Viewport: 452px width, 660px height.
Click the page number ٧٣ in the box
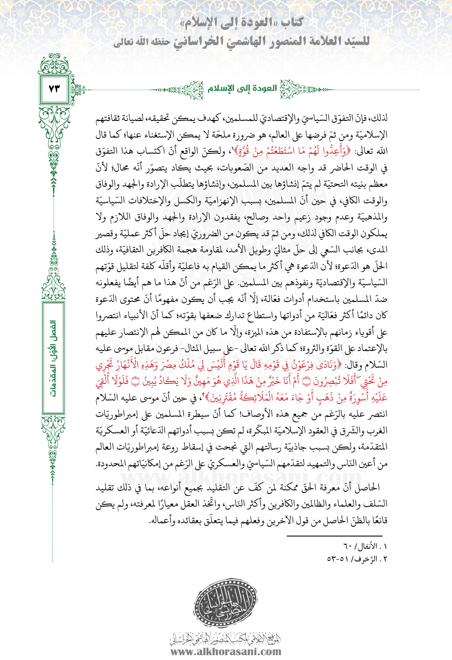coord(54,89)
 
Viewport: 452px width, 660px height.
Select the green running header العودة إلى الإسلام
coord(242,89)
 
